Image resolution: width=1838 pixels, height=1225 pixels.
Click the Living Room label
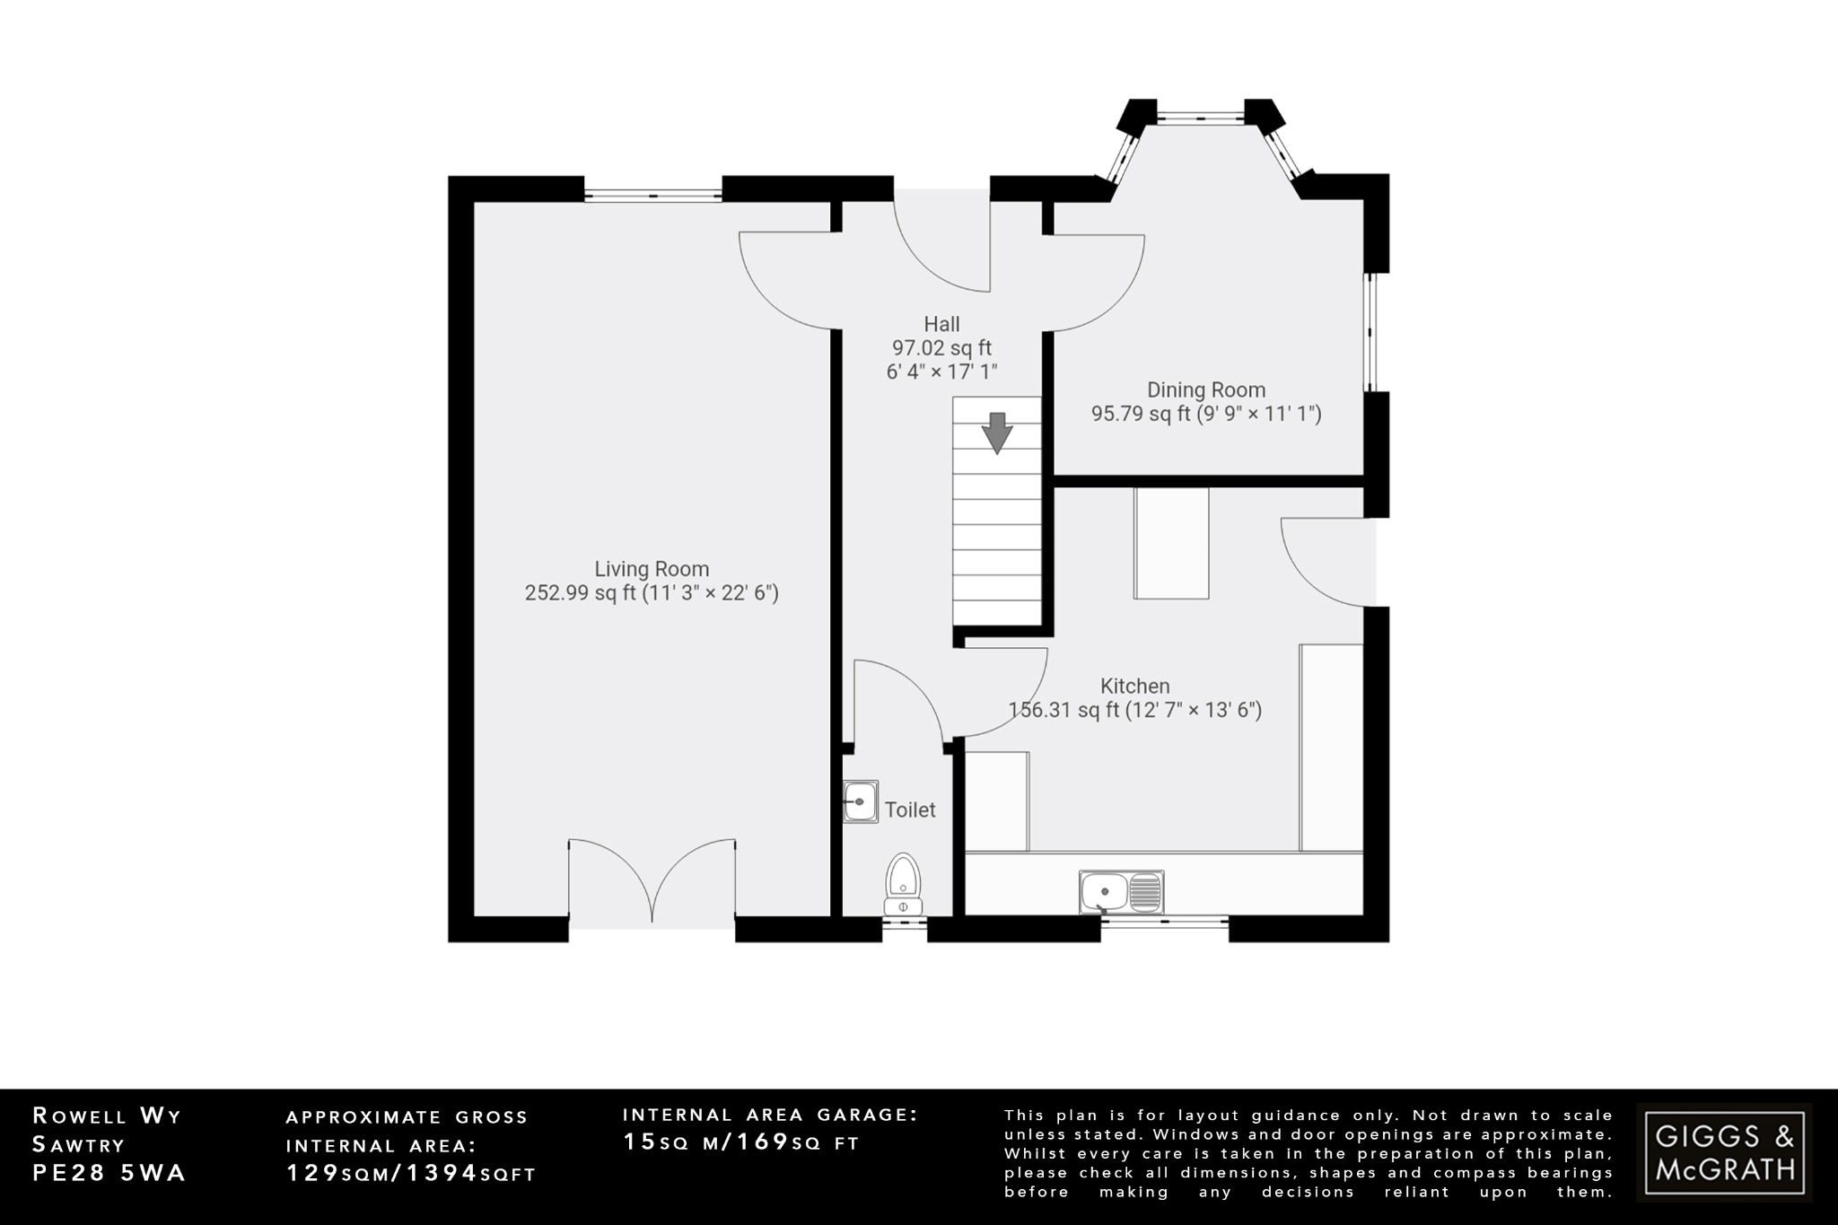652,569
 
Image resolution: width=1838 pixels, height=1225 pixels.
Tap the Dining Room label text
1206,389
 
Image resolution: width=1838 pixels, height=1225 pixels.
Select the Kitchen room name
1134,687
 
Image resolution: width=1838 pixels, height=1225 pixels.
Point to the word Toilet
910,809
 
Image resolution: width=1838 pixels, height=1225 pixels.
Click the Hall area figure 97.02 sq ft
941,348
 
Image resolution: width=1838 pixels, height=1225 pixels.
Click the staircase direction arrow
996,433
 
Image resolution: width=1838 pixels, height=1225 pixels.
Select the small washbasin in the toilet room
861,801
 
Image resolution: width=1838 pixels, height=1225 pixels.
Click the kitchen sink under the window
1121,893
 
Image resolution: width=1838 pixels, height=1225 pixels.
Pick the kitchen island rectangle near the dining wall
1171,544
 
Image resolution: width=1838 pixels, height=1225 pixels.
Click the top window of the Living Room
652,194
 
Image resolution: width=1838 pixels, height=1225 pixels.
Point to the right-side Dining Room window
1370,332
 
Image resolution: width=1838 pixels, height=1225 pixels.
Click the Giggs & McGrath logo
1724,1152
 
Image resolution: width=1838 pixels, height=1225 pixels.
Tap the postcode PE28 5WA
109,1173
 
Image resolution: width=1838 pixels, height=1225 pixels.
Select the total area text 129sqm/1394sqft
410,1173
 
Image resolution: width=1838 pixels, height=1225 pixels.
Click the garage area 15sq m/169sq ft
741,1142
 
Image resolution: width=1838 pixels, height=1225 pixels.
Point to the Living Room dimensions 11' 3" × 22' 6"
710,593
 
